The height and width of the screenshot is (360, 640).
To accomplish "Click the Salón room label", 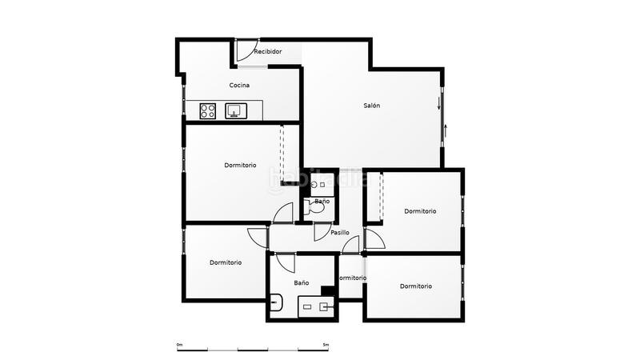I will [371, 106].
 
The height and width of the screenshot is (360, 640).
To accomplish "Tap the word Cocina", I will [240, 86].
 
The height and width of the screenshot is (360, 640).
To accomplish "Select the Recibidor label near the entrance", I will [267, 52].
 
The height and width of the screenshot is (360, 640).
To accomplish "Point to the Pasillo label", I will [340, 233].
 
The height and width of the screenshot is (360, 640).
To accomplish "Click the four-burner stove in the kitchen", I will [208, 111].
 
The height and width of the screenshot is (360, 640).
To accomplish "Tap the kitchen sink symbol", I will [234, 111].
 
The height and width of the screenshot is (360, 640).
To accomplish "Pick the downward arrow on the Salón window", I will [439, 104].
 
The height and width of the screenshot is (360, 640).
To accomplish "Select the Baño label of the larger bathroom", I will [301, 283].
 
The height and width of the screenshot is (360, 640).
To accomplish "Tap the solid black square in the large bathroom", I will [327, 290].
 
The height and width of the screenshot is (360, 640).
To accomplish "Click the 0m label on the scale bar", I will [179, 345].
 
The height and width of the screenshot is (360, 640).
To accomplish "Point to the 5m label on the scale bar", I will [326, 345].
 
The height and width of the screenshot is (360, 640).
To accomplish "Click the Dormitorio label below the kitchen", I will [240, 166].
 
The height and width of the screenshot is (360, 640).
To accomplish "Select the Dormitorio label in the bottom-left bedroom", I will [226, 262].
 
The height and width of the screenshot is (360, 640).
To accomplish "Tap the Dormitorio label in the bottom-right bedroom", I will [416, 286].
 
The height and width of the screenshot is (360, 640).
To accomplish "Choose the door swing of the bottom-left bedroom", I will [258, 237].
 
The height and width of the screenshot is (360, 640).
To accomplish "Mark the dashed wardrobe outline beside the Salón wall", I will [282, 152].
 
